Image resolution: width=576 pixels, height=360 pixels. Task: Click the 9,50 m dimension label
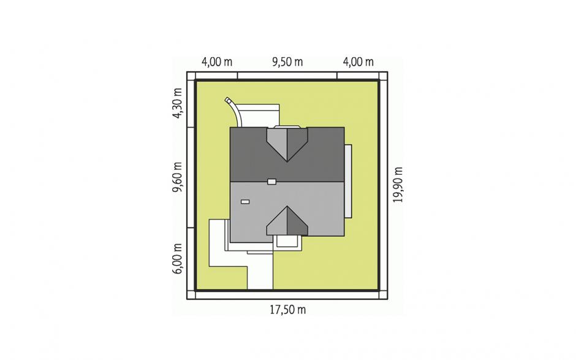tap(287, 62)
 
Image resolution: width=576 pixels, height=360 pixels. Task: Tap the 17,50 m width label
tap(287, 310)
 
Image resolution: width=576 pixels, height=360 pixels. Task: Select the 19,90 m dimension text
tap(398, 185)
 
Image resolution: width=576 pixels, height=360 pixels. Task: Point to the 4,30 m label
tap(177, 103)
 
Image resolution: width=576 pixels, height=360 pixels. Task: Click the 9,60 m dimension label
tap(177, 177)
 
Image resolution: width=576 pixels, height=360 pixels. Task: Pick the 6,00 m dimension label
tap(177, 259)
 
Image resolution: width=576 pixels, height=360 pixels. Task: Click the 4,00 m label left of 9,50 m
tap(217, 62)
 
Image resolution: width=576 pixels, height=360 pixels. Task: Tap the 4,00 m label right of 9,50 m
tap(358, 62)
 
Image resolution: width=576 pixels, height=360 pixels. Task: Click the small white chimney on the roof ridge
tap(271, 182)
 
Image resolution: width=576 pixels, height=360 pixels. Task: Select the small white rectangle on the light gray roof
tap(245, 202)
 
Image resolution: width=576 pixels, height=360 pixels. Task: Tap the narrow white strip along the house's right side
tap(348, 182)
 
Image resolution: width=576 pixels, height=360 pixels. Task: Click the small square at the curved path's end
tap(228, 99)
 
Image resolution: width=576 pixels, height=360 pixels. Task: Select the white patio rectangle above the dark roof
tap(259, 116)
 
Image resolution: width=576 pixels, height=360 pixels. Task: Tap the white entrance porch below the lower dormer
tap(289, 242)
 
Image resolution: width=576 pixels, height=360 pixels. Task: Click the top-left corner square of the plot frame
tap(191, 76)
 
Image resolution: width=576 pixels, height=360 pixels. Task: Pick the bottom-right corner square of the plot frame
tap(383, 294)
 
